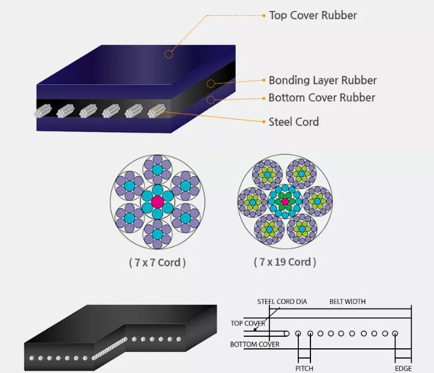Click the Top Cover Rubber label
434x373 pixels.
313,16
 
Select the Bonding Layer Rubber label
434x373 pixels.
322,81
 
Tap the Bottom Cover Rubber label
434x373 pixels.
322,98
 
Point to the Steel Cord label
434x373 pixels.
294,122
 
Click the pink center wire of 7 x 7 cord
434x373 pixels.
157,202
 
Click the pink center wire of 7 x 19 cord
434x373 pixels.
285,201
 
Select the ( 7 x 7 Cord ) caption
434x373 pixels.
157,262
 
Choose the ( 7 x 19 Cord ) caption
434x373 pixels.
285,262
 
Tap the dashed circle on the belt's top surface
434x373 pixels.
169,54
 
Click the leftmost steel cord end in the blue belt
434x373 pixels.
43,111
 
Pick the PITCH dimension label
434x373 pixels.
304,369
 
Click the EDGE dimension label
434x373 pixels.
403,369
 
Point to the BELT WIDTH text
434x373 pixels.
347,302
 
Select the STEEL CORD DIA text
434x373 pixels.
282,302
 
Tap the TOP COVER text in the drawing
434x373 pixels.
248,323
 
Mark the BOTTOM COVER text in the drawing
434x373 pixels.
254,345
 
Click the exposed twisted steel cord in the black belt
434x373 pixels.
109,349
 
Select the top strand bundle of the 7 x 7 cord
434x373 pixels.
157,169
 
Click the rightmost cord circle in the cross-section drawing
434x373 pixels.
395,333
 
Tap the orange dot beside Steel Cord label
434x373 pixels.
264,122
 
